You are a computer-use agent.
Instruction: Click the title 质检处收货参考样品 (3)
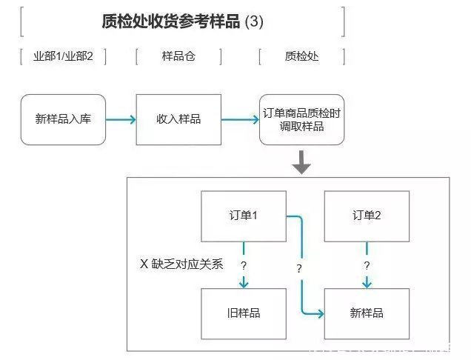(182, 21)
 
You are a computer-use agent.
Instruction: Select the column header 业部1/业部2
(64, 56)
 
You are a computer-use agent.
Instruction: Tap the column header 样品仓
(178, 56)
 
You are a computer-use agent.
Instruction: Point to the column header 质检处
(301, 56)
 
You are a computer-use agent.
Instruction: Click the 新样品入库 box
(63, 119)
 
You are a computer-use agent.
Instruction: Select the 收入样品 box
(178, 119)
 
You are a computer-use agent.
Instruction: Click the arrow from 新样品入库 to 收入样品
(121, 119)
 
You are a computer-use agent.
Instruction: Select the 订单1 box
(244, 216)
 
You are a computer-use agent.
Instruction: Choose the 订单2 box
(367, 216)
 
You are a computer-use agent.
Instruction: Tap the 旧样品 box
(244, 313)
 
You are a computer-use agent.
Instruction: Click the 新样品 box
(367, 313)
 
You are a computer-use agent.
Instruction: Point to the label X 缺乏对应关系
(181, 264)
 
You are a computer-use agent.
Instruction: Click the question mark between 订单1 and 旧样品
(244, 264)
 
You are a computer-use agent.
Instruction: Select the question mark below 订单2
(367, 264)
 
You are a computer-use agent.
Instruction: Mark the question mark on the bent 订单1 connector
(299, 268)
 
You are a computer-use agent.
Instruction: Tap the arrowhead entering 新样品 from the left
(320, 313)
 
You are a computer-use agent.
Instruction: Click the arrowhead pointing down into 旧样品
(244, 284)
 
